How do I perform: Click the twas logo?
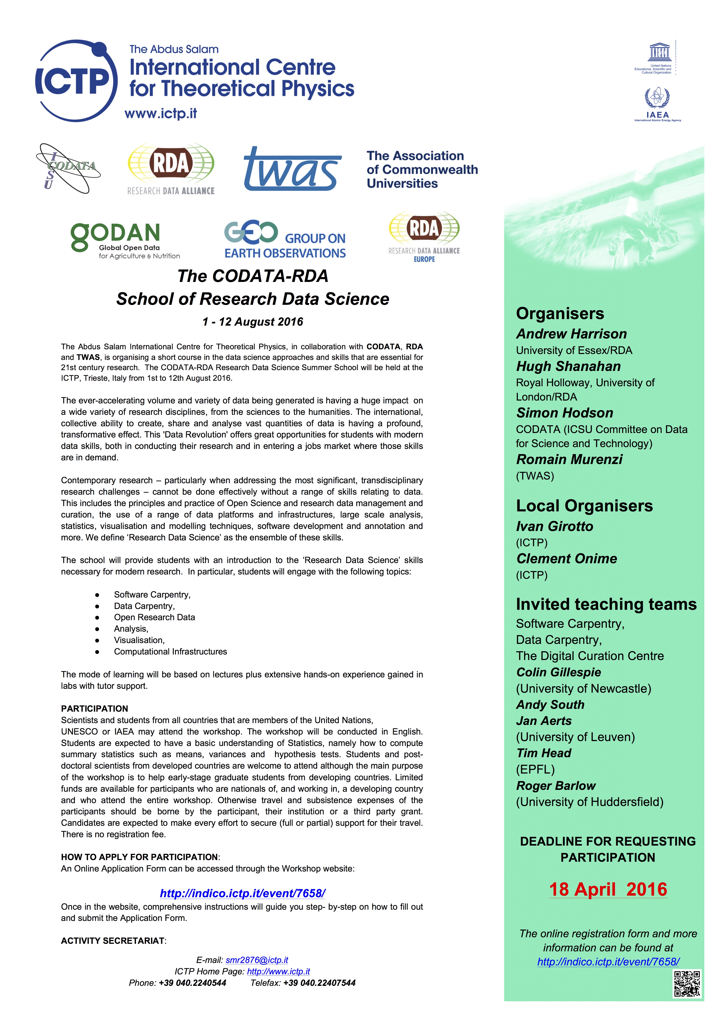pyautogui.click(x=292, y=169)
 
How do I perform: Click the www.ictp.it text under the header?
pyautogui.click(x=161, y=114)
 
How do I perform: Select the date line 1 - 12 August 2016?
pyautogui.click(x=253, y=322)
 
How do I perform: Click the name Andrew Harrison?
pyautogui.click(x=571, y=334)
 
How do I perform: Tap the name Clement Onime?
pyautogui.click(x=566, y=559)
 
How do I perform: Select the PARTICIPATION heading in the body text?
pyautogui.click(x=95, y=709)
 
